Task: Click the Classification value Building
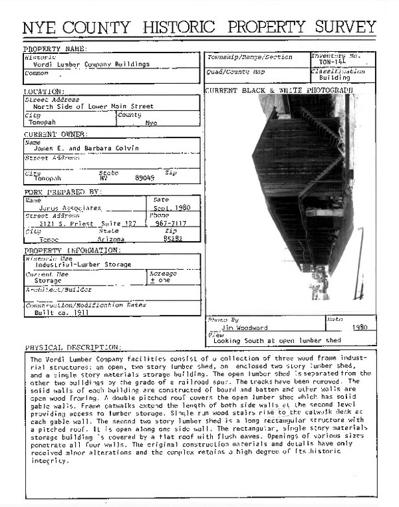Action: click(334, 78)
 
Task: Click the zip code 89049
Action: click(144, 178)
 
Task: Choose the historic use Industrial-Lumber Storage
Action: click(83, 264)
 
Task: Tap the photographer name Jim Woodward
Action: click(244, 328)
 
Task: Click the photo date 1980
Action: click(360, 328)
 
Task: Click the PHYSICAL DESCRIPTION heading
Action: click(73, 348)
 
